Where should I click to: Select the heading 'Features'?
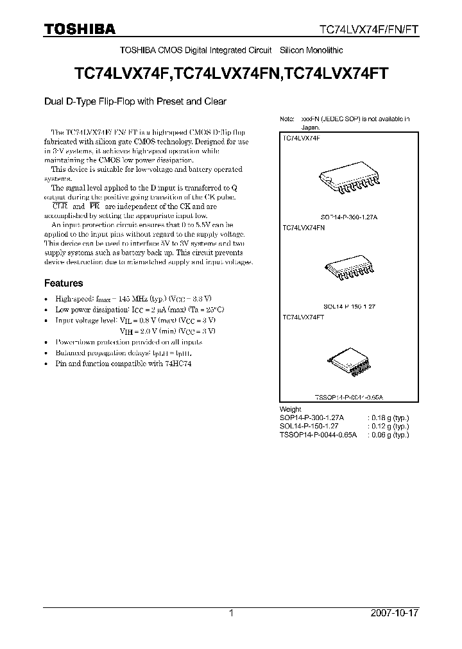tap(63, 283)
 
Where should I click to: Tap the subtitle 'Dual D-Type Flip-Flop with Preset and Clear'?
tap(135, 101)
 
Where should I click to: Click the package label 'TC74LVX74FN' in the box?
tap(304, 228)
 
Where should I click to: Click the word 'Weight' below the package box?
tap(291, 409)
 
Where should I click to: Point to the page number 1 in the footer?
tap(231, 613)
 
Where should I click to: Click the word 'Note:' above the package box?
tap(287, 119)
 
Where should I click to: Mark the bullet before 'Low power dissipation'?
tap(46, 310)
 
